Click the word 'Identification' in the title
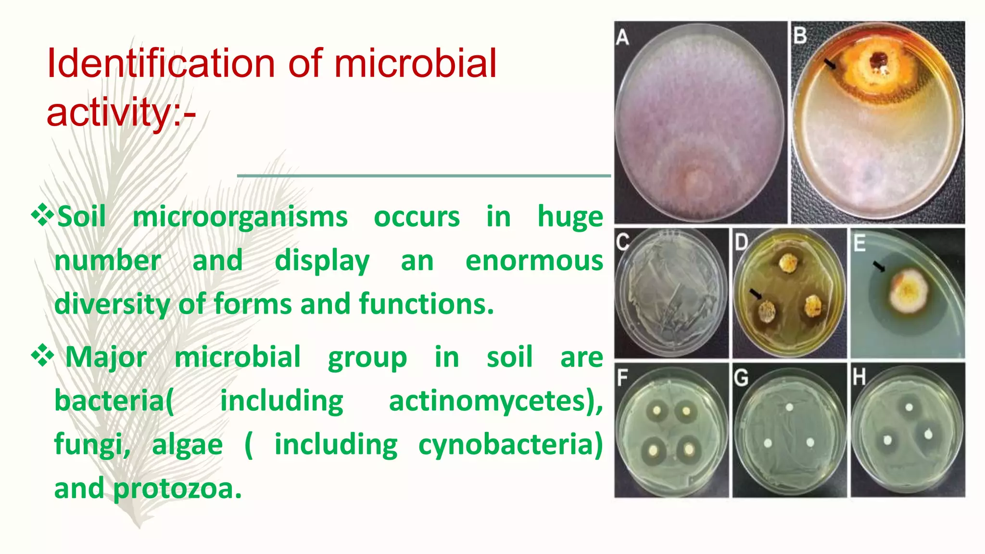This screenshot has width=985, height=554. pos(161,63)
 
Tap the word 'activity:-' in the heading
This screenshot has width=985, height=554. pos(121,112)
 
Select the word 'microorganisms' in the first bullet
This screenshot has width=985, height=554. pos(240,217)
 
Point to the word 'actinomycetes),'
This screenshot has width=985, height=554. pos(496,401)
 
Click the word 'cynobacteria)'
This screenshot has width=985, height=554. pos(510,444)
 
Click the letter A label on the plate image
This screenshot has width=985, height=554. pos(622,37)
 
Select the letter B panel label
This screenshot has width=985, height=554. pos(800,36)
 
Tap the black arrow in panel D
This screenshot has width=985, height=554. pos(756,293)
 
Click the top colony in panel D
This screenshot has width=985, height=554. pos(788,263)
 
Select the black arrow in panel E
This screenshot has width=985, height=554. pos(879,266)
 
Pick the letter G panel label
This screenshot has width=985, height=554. pos(741,378)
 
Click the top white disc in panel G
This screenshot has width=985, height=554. pos(789,408)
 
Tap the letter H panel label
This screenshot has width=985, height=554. pos(859,378)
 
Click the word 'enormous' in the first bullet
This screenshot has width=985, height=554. pos(534,261)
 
